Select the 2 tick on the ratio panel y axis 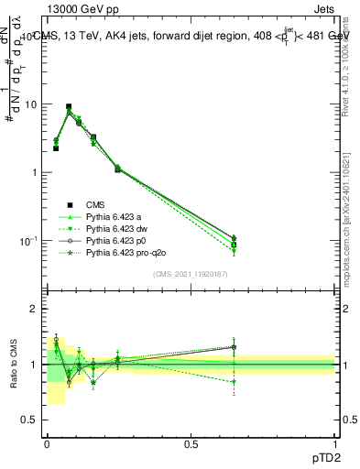[x=36, y=309]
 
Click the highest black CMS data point [x=69, y=106]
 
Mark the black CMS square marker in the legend [x=69, y=204]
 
